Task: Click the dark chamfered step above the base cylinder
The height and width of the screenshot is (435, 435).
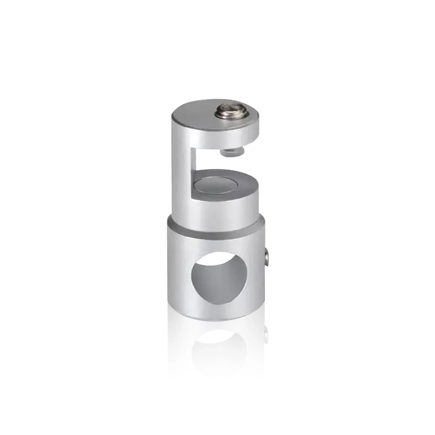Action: (x=217, y=232)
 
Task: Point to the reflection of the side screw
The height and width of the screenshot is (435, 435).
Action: (x=266, y=336)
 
